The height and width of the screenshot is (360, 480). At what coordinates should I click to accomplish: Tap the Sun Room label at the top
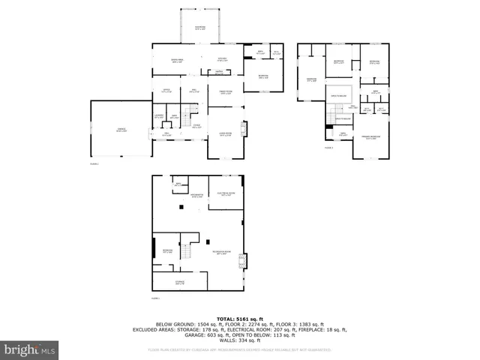coord(199,28)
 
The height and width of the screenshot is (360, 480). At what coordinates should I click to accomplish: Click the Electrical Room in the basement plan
coord(226,193)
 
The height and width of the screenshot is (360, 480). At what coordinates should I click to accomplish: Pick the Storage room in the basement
coord(180,283)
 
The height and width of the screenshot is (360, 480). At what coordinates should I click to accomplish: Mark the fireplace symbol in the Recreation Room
coord(241,262)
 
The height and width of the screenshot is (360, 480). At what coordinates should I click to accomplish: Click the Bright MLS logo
coord(30,349)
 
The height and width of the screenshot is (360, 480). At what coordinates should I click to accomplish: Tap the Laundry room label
coord(159,116)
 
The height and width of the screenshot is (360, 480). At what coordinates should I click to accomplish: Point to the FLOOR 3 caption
coord(328,148)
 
